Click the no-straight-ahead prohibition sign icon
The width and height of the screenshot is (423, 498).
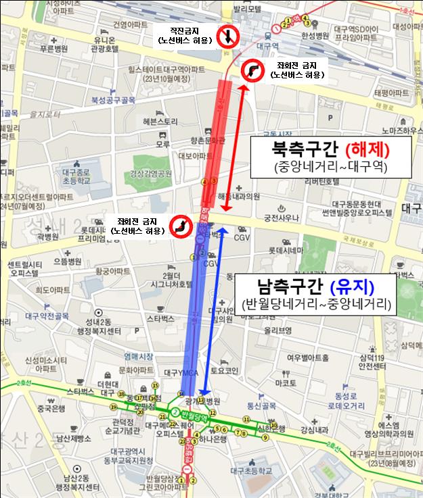(227, 35)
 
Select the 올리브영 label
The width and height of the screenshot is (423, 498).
(278, 330)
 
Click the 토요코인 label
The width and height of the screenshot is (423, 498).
(225, 370)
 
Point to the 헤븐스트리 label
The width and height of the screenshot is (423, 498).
(160, 121)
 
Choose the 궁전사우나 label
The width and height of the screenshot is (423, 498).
(282, 218)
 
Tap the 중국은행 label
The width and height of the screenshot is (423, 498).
(49, 409)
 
